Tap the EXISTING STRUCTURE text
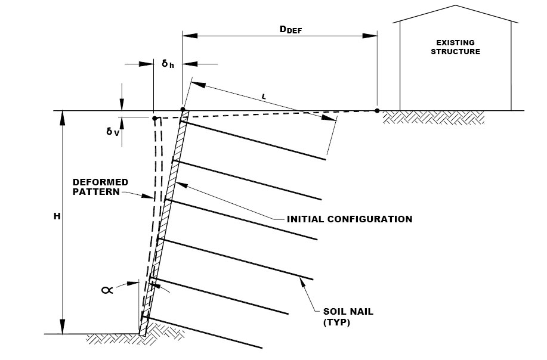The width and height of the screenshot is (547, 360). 458,47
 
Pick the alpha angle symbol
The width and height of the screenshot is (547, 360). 107,290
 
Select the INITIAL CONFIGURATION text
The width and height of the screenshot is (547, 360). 350,219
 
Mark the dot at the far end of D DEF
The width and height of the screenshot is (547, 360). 377,110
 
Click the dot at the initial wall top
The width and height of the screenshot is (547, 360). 183,110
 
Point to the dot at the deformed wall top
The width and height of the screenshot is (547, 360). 154,118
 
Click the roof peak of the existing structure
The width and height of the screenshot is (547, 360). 458,6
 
